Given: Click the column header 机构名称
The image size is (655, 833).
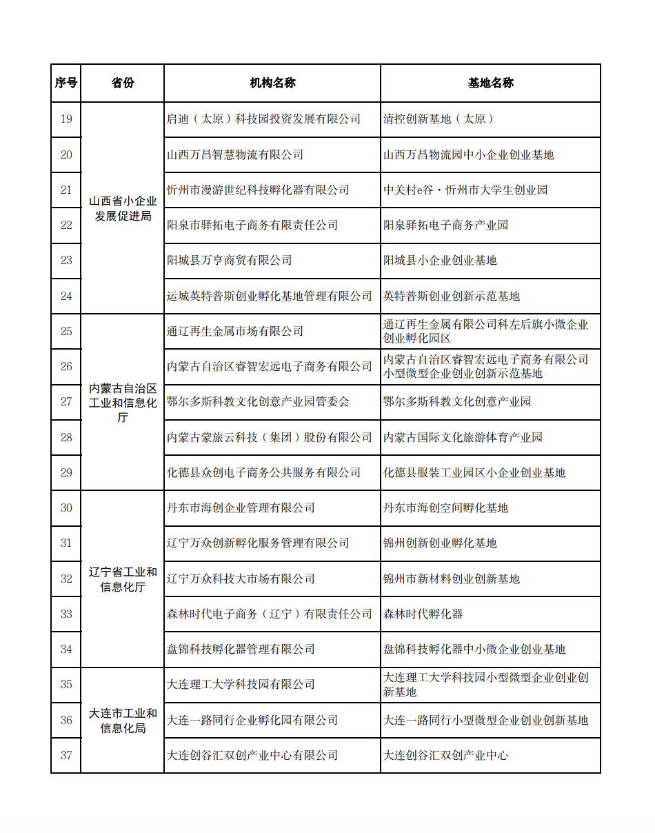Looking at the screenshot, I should pos(272,83).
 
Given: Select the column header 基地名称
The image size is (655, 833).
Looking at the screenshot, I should pos(490,83).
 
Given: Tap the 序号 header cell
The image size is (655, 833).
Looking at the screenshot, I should pos(66,83).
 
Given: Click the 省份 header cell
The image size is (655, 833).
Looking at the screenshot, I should pos(123,83).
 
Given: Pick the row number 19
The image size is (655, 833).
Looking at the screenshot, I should pos(66,119).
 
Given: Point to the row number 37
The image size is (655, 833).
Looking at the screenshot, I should pos(66,755).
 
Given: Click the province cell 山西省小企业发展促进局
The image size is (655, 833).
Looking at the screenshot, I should pos(123,208).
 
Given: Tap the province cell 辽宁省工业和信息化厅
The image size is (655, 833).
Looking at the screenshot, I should pos(123,579).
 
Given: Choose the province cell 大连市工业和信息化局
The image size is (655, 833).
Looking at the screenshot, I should pos(123,720).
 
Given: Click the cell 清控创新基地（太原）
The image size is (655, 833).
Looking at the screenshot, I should pos(439,119).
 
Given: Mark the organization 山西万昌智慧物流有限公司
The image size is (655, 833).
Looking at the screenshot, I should pos(235,155).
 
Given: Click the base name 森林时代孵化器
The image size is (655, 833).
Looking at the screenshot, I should pos(423,614).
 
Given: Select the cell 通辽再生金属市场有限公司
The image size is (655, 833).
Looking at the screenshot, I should pos(235,332).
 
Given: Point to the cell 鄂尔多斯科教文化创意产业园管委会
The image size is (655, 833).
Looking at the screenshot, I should pos(259,402).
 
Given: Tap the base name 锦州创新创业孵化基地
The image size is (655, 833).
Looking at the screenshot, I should pos(440,543).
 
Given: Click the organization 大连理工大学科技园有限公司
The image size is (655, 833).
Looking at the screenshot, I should pos(241,685).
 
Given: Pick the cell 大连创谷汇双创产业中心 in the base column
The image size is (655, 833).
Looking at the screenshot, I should pos(445,755).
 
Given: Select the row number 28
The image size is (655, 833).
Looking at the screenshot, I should pos(66,437).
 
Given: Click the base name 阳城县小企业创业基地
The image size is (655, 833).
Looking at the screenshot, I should pos(440,261).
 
